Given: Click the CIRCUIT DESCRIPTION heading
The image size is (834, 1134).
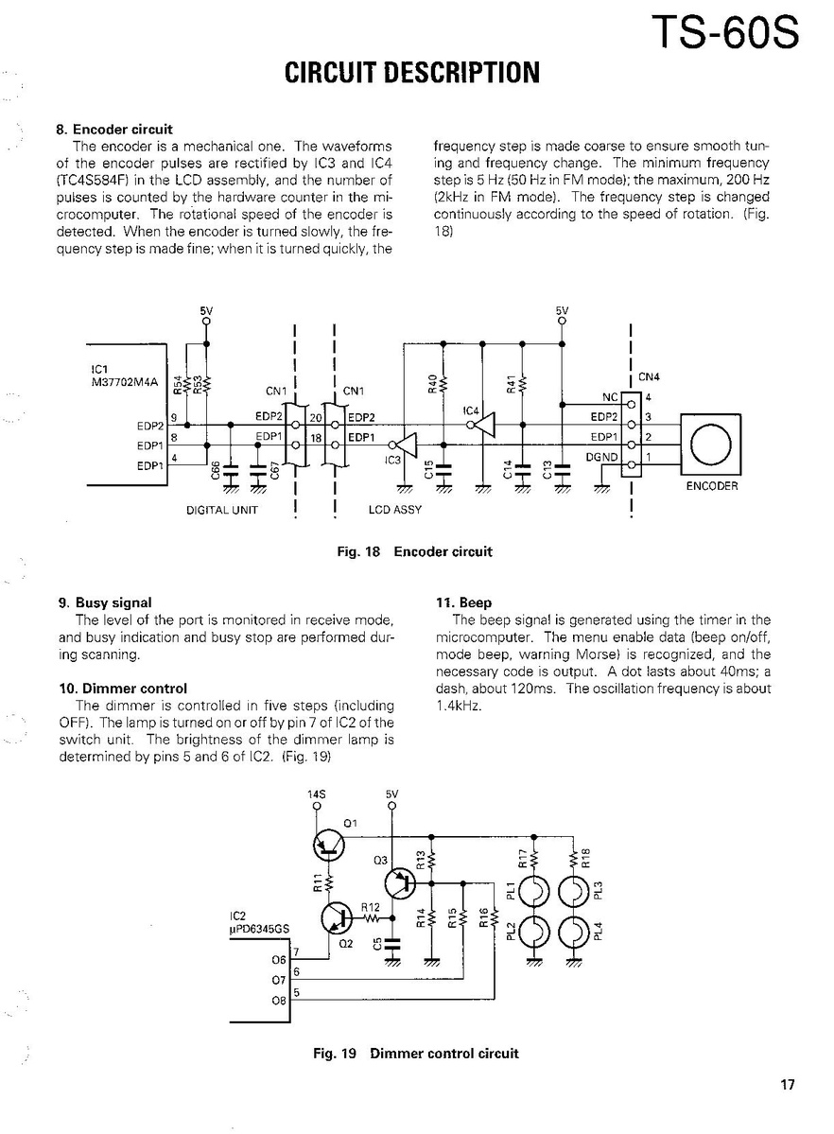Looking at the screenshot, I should [411, 73].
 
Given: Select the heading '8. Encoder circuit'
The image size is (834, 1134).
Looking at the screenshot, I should [123, 130].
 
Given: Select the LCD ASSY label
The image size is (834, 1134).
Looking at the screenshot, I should [394, 510].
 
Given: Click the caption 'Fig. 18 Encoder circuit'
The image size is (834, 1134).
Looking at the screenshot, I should [414, 551].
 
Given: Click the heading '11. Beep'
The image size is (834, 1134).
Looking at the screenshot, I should [463, 602].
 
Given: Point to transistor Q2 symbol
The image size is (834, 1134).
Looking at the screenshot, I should [338, 916].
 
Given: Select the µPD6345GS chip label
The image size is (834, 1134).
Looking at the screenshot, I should [260, 930].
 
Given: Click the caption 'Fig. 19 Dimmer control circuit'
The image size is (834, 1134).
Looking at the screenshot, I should [416, 1054].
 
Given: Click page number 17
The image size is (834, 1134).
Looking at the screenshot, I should [788, 1085].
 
